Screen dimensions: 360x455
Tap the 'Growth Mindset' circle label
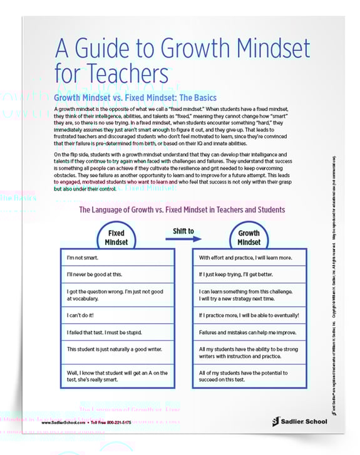point(249,237)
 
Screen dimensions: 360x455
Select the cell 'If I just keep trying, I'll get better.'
point(249,275)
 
